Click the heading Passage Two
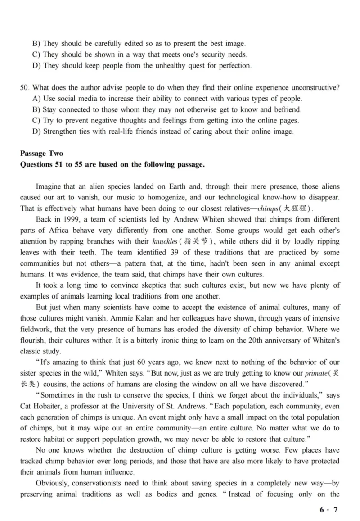[x=41, y=154]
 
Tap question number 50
[x=24, y=88]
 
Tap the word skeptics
[x=144, y=285]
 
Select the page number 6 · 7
[x=328, y=510]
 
